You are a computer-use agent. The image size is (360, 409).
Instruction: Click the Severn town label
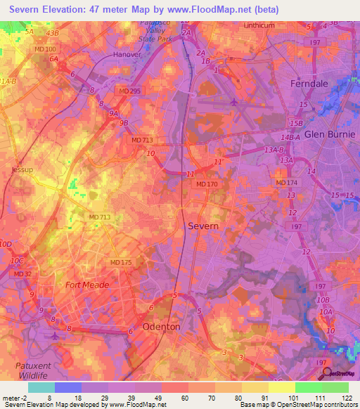[203, 226]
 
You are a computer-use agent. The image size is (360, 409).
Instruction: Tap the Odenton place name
[161, 327]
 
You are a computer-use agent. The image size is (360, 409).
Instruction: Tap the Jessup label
[22, 170]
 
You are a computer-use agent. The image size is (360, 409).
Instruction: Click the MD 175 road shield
[121, 262]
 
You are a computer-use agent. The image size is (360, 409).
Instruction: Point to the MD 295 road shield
[129, 91]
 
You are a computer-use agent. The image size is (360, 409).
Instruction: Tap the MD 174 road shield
[286, 183]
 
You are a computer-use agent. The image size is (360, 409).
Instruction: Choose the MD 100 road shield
[44, 49]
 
